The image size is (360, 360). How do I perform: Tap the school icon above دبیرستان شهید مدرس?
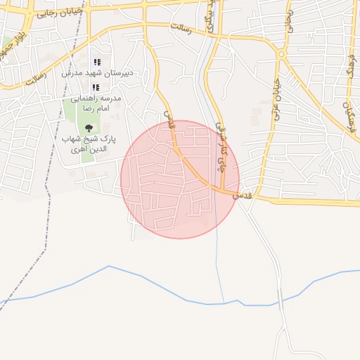(x=97, y=63)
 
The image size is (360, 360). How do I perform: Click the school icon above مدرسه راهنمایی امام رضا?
(x=96, y=87)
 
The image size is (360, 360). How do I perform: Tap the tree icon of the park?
(x=89, y=127)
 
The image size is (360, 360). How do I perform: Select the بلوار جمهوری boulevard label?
(x=13, y=46)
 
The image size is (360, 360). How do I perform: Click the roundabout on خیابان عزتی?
(x=281, y=53)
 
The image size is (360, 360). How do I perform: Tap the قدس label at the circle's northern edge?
(x=169, y=121)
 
